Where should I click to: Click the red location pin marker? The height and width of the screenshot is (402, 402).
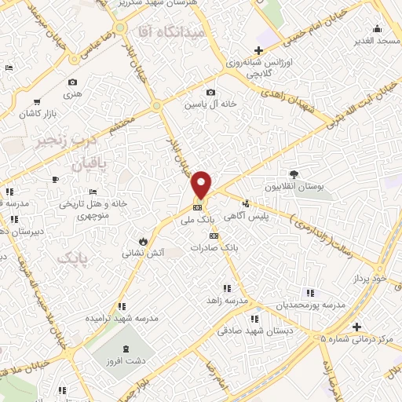click(201, 184)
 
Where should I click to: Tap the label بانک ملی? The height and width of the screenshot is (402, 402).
click(197, 221)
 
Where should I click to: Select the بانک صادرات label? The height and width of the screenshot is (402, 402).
click(214, 247)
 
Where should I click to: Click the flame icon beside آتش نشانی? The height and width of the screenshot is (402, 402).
click(143, 240)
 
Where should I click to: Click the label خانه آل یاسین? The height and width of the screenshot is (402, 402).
click(206, 104)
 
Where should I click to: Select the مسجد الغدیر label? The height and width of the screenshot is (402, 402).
click(376, 39)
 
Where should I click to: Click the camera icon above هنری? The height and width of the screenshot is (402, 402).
click(73, 82)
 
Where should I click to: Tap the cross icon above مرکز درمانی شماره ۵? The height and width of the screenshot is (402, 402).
click(356, 327)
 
